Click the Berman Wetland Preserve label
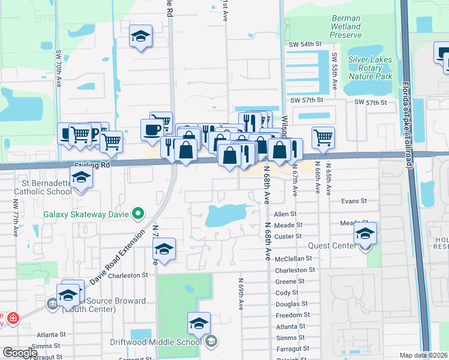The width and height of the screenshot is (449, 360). (x=346, y=26)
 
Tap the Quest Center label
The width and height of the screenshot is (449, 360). (x=332, y=246)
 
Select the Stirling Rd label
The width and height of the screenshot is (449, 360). (x=92, y=164)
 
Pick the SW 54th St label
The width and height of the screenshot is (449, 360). (x=305, y=44)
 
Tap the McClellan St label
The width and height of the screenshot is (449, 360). (x=294, y=259)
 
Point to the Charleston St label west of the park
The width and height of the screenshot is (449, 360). (x=128, y=275)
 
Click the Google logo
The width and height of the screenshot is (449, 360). (x=20, y=353)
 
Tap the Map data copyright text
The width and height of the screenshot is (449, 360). (x=424, y=355)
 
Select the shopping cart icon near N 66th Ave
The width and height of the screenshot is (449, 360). (x=323, y=137)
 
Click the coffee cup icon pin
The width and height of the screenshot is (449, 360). (x=151, y=129)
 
